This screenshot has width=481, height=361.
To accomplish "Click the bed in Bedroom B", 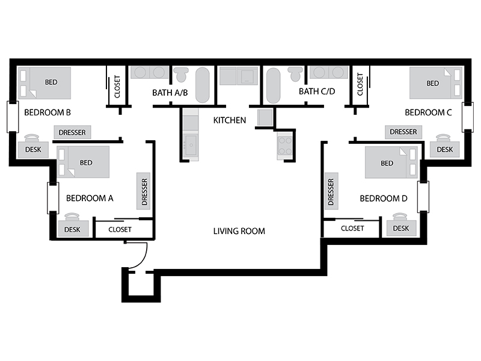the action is coord(44,83).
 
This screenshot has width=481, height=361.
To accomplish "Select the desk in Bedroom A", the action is coord(73,229).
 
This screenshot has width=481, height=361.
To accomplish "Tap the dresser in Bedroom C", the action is coord(403,132).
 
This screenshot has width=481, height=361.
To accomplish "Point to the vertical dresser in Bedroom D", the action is coord(331,191).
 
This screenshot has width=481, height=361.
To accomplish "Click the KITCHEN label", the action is coord(230,120).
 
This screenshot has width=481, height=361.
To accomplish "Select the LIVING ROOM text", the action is coord(239,231).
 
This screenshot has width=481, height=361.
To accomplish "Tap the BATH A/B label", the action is coord(170,93).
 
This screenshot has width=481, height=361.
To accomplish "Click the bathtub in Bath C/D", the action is coord(273,85).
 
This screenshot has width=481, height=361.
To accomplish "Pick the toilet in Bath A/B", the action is coord(181,75).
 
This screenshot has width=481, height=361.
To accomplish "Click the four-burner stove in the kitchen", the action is coord(284,146).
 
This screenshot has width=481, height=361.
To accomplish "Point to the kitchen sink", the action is coord(191,145).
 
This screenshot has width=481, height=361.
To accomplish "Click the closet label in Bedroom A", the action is coord(120,229).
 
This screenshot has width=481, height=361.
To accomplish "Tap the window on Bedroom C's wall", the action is coord(468,117).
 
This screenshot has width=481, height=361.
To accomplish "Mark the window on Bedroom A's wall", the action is coord(53,198).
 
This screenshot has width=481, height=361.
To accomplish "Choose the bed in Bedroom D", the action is coord(391,162).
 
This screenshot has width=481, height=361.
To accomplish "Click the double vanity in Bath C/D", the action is coord(329,72).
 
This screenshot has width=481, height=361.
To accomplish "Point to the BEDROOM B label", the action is coord(47,113).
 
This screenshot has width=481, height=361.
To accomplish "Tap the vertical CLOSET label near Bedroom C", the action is coord(360,84).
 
